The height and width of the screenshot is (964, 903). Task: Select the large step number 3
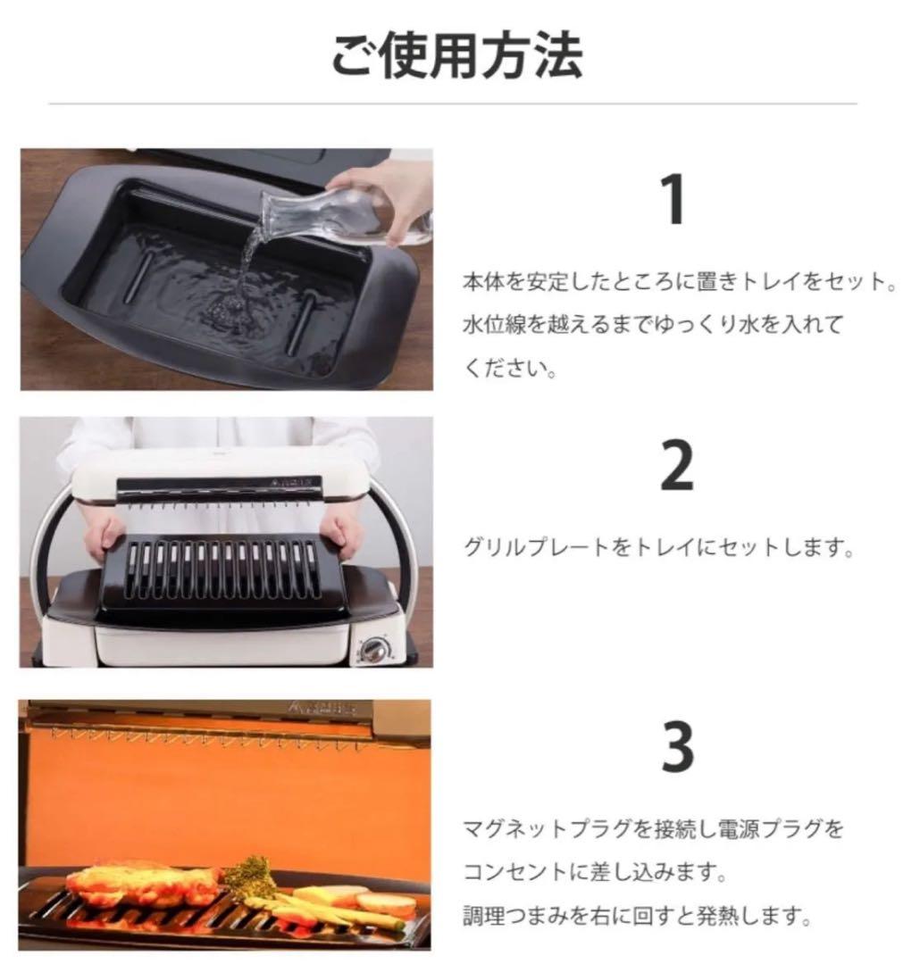tap(677, 748)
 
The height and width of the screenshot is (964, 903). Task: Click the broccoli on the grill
tap(249, 873)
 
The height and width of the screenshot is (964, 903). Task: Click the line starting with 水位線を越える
tap(652, 326)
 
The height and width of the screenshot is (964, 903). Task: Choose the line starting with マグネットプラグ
tap(652, 828)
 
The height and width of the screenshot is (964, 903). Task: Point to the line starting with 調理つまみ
tap(637, 915)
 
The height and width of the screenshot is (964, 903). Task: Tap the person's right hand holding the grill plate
tap(104, 535)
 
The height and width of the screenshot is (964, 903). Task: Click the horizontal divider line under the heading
tap(451, 104)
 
